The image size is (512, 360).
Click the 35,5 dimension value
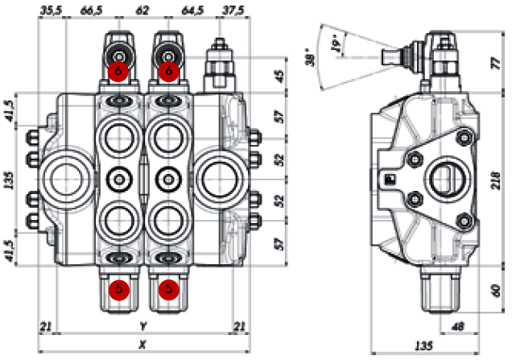(50, 9)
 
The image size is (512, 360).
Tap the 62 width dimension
(142, 9)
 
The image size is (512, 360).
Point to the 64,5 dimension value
(193, 9)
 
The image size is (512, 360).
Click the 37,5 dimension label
(233, 9)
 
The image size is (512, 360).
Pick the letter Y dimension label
(142, 326)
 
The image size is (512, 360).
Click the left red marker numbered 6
(118, 71)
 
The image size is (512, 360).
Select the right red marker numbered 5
(167, 288)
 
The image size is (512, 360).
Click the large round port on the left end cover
(64, 176)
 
